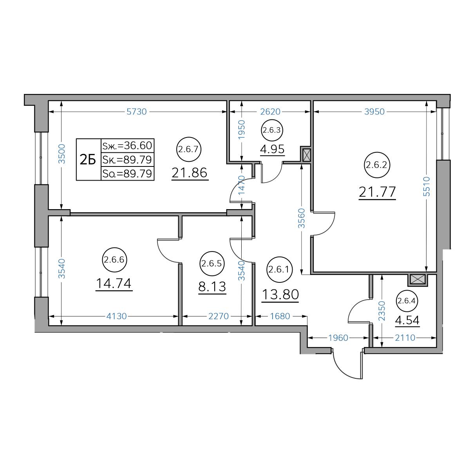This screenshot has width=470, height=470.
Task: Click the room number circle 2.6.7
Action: (188, 149)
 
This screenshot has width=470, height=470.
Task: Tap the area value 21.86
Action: (190, 173)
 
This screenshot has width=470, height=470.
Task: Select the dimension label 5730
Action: (137, 112)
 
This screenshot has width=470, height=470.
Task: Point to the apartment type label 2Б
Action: (88, 160)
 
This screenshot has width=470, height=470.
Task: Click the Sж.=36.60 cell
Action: (127, 146)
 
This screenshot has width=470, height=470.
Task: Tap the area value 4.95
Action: (272, 149)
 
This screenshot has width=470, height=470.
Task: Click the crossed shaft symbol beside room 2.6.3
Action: (306, 155)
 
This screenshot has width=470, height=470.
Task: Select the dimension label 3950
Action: (374, 112)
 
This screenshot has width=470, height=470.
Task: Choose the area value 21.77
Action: (377, 192)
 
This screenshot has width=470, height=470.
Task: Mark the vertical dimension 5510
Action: (427, 186)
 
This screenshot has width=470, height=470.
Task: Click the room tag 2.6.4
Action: (406, 301)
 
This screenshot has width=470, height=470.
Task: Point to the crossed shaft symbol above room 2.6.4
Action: (418, 280)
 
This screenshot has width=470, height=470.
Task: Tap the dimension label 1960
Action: (338, 338)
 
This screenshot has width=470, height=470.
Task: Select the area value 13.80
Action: (280, 294)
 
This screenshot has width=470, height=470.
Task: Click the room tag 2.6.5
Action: (212, 264)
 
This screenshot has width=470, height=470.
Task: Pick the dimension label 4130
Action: (116, 316)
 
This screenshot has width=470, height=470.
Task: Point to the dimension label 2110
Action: (405, 338)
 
